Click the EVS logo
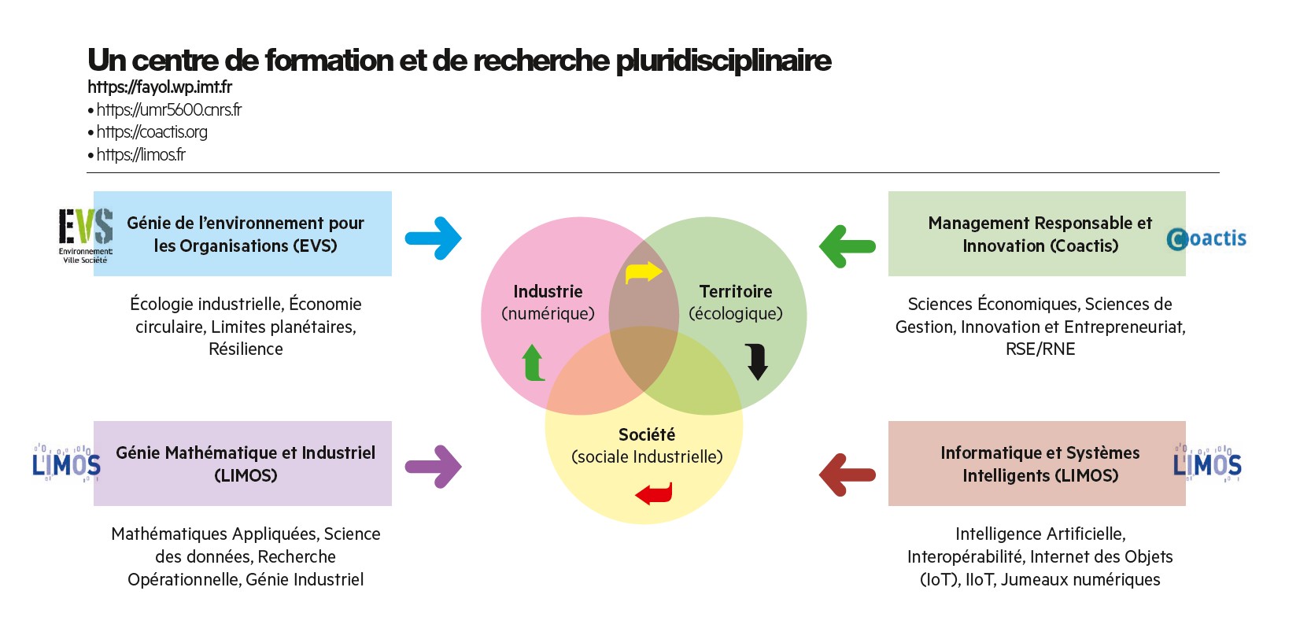(x=86, y=236)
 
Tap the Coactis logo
(x=1206, y=238)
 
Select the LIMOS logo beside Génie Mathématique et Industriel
(x=66, y=463)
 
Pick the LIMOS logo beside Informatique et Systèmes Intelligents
(x=1207, y=463)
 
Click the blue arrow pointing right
(x=434, y=238)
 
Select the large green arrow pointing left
(x=848, y=246)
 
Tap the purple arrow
(x=434, y=467)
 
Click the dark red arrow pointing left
(x=848, y=475)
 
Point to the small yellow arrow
(x=644, y=272)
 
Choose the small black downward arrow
(x=757, y=362)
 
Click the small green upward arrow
(x=534, y=362)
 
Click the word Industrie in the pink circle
(x=548, y=291)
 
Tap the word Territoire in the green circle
(x=736, y=291)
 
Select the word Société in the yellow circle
(x=647, y=435)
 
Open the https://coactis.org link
(x=152, y=132)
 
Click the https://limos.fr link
(x=141, y=154)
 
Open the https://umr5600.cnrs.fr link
(x=169, y=110)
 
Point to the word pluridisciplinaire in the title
(x=723, y=61)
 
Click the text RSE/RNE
(x=1040, y=349)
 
